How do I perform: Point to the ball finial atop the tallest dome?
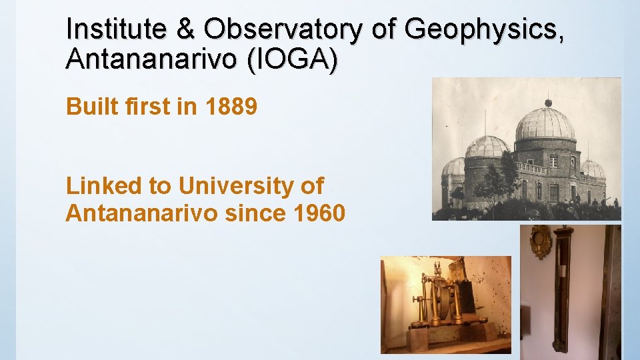click(x=548, y=103)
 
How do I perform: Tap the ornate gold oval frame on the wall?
click(x=540, y=241)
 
